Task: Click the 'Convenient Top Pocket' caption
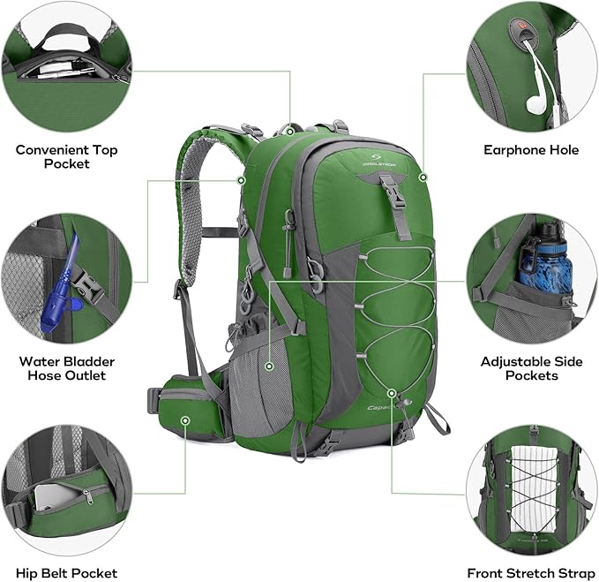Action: pyautogui.click(x=66, y=156)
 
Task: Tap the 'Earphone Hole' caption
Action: pyautogui.click(x=531, y=150)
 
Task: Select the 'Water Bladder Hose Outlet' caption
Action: pyautogui.click(x=66, y=368)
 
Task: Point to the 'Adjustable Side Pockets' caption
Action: pyautogui.click(x=531, y=368)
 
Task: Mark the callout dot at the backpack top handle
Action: pyautogui.click(x=290, y=130)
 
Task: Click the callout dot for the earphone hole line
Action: pyautogui.click(x=423, y=177)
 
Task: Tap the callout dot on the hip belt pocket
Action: pyautogui.click(x=185, y=421)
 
